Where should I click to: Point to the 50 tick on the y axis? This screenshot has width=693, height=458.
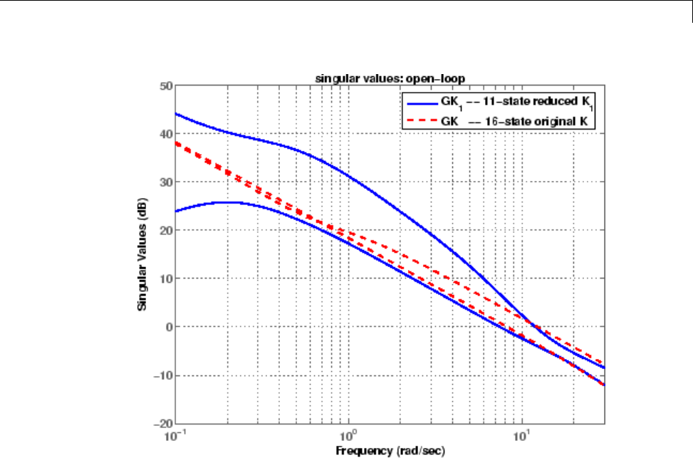(x=165, y=86)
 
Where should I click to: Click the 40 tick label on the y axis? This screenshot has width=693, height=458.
(x=165, y=134)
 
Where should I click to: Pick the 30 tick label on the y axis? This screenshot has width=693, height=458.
(x=165, y=182)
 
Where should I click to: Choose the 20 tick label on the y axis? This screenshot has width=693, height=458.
(x=165, y=231)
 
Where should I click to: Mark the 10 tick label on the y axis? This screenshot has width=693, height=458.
(x=165, y=279)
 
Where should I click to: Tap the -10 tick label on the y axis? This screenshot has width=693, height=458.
(x=163, y=375)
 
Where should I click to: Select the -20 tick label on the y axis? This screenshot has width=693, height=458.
(x=163, y=423)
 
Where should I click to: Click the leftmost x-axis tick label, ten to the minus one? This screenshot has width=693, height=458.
(x=175, y=434)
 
